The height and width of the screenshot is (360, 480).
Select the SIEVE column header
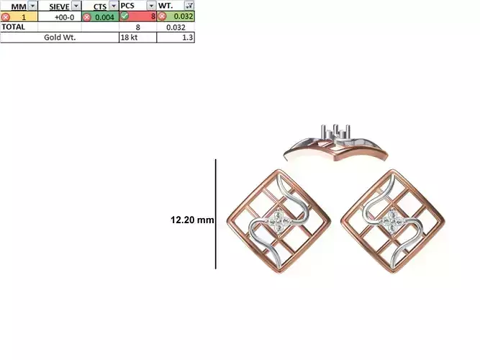59,6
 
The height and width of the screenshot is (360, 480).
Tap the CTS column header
99,6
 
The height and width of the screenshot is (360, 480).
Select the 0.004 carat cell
103,17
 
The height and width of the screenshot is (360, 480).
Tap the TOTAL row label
13,27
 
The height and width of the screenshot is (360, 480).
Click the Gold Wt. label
60,37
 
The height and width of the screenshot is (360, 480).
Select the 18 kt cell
129,37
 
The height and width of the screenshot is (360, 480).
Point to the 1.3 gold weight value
187,37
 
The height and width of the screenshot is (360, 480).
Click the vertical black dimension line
215,214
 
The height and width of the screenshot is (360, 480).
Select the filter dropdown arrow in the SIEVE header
75,6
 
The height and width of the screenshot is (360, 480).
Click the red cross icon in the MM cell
6,17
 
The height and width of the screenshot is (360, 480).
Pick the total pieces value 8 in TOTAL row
137,27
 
